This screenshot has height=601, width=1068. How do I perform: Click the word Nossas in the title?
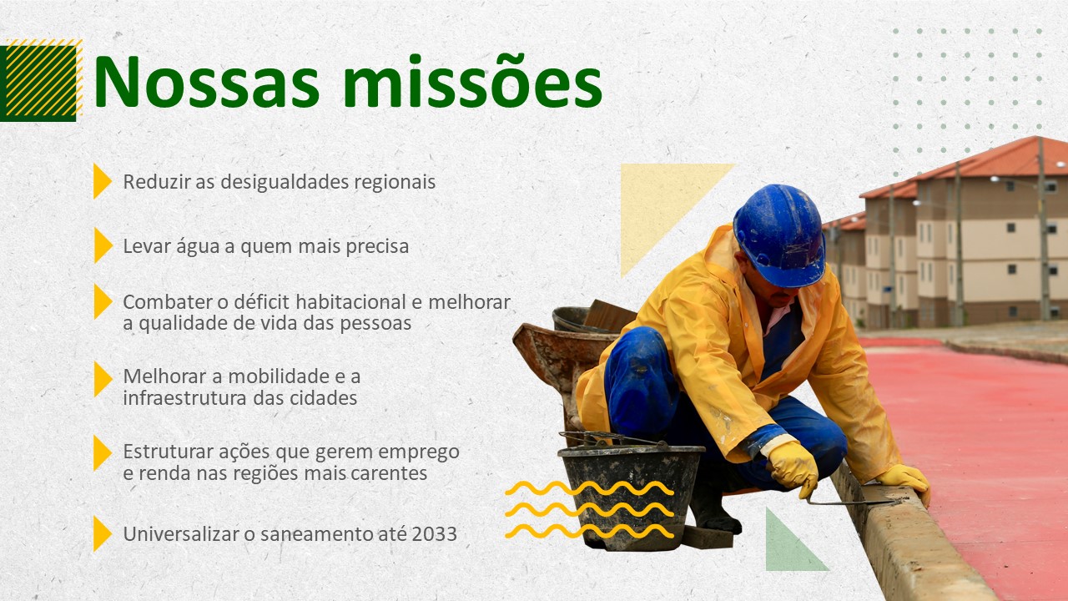pyautogui.click(x=207, y=82)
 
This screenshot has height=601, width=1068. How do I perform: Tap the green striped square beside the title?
pyautogui.click(x=41, y=81)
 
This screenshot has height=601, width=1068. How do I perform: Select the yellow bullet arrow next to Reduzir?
pyautogui.click(x=102, y=181)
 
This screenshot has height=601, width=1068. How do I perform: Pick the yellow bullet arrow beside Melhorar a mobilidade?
pyautogui.click(x=103, y=379)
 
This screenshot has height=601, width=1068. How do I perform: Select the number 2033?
pyautogui.click(x=435, y=534)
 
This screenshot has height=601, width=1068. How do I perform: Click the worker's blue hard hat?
pyautogui.click(x=780, y=235)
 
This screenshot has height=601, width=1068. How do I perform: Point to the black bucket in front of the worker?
pyautogui.click(x=630, y=496)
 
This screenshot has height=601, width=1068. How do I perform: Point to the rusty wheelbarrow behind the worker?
pyautogui.click(x=565, y=367)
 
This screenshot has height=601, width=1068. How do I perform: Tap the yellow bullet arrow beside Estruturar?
pyautogui.click(x=103, y=452)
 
